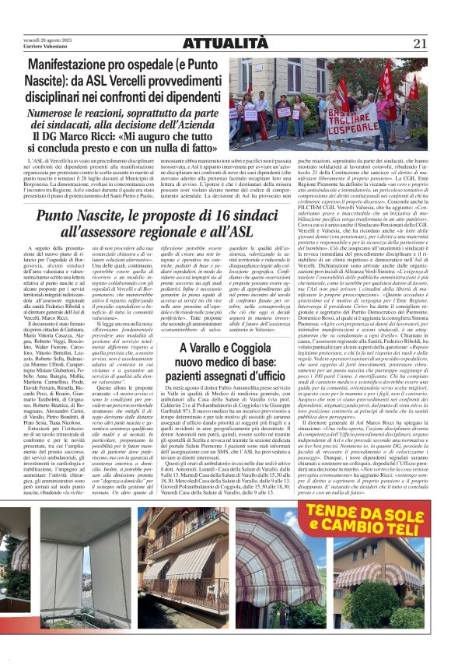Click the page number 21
(x=420, y=44)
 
